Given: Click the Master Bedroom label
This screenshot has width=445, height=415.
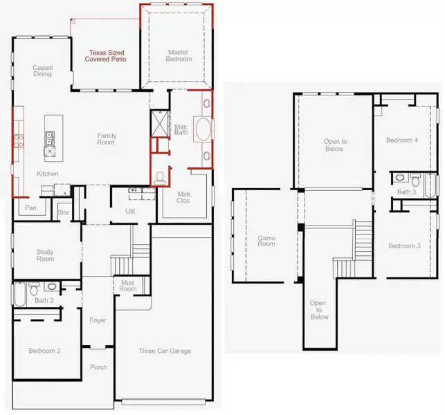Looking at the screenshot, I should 177,55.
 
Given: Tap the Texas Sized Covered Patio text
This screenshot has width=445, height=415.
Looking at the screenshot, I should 105,55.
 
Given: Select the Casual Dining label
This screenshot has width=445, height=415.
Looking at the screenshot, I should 42,71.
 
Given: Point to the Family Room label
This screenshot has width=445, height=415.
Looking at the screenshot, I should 106,138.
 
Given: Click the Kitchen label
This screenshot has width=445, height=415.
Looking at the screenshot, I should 47,174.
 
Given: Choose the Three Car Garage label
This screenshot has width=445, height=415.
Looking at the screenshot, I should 165,351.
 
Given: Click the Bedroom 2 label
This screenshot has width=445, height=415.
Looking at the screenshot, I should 44,351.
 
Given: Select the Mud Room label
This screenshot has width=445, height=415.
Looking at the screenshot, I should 128,286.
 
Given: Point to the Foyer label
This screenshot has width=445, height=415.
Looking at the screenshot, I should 98,320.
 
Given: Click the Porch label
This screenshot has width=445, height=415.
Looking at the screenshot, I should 98,367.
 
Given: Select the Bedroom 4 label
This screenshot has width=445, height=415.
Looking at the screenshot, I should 402,140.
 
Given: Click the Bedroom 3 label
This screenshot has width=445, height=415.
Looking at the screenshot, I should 404,246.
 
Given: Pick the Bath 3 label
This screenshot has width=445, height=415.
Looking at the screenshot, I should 406,192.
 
